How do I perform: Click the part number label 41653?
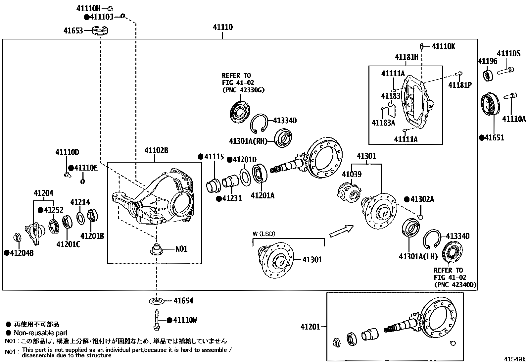[x=73, y=31]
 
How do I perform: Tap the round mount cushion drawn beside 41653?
[x=101, y=30]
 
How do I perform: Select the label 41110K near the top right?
[x=443, y=46]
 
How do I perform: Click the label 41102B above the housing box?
[x=156, y=151]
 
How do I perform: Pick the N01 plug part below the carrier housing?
[x=156, y=249]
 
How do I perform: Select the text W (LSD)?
[x=264, y=234]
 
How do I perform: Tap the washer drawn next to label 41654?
[x=156, y=301]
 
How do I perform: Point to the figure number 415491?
[x=515, y=359]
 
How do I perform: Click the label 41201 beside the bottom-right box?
[x=310, y=327]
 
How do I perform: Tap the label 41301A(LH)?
[x=418, y=256]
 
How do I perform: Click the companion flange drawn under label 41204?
[x=34, y=232]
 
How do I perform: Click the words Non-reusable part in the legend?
[x=40, y=333]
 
